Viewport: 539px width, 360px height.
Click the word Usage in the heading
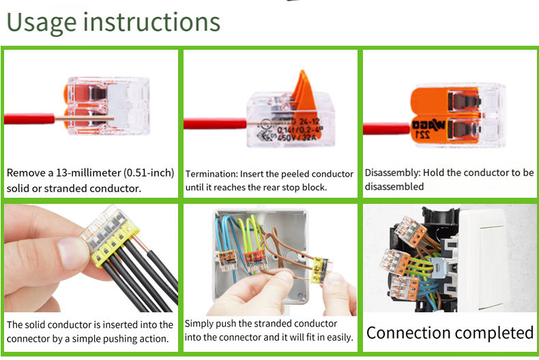coord(41,22)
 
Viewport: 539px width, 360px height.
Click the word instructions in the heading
coord(152,22)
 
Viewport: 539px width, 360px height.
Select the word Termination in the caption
coord(209,174)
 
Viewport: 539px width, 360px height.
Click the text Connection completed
coord(450,333)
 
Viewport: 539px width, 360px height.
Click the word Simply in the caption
coord(201,324)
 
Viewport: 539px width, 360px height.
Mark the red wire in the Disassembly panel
coord(385,127)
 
